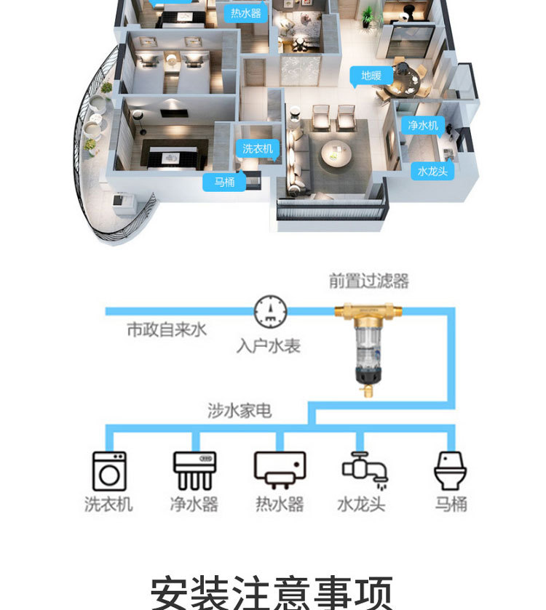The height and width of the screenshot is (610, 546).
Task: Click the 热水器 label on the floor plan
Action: click(246, 13)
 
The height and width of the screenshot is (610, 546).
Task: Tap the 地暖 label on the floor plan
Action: click(371, 76)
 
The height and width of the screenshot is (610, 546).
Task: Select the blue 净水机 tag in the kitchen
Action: click(423, 125)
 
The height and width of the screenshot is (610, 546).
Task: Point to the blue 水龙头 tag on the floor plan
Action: click(432, 172)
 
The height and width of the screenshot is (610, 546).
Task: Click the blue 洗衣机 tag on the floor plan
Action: click(258, 148)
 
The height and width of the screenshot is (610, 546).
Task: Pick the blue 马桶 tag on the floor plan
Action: click(224, 182)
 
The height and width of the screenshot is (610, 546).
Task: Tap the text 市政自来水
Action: click(167, 330)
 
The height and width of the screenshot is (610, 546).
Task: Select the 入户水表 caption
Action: click(268, 346)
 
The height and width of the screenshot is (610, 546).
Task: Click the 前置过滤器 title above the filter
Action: click(368, 281)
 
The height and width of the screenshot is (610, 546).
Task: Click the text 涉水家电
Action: click(240, 411)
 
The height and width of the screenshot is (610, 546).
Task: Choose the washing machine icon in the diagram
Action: click(109, 470)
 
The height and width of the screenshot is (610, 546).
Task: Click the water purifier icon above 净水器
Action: click(194, 470)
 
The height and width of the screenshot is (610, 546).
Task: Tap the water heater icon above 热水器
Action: click(280, 469)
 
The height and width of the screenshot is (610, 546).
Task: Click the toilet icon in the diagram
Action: click(450, 470)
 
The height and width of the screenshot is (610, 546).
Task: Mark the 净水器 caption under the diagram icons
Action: click(194, 504)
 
